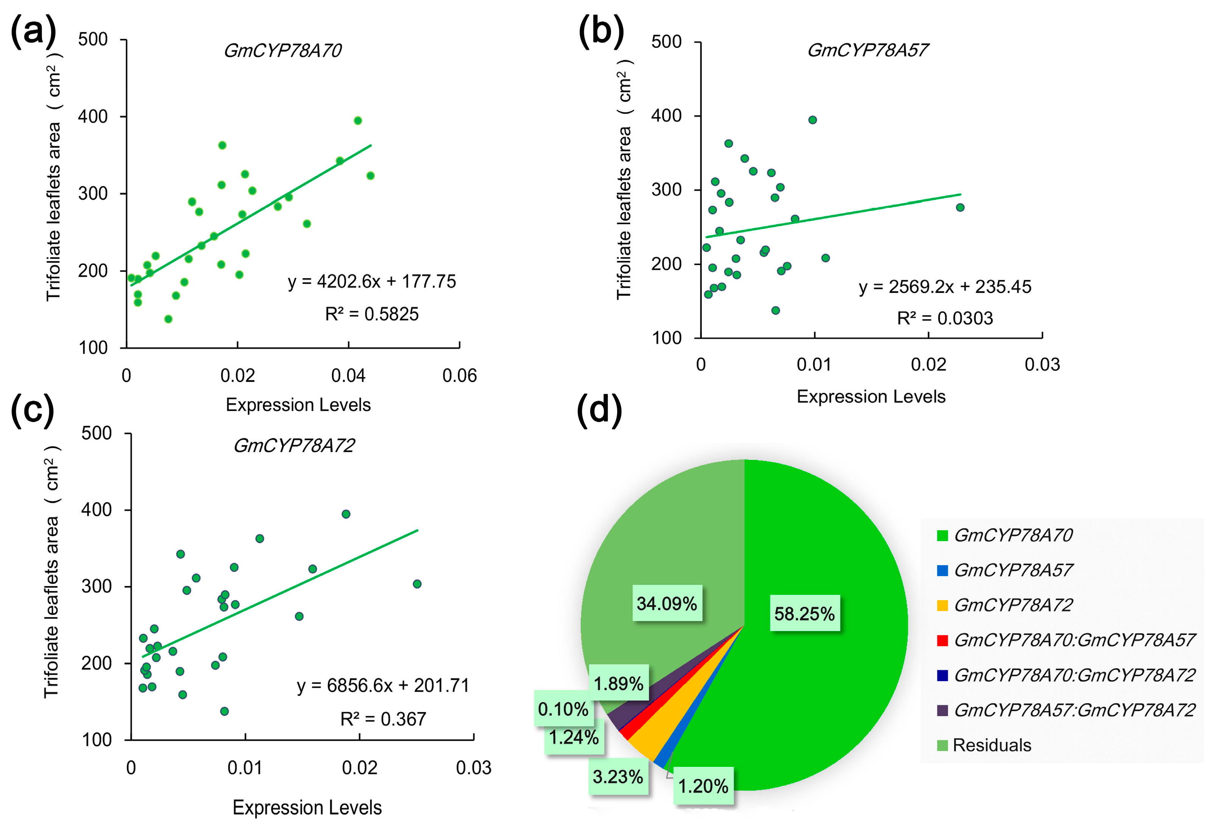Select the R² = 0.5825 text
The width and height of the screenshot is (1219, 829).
(x=372, y=314)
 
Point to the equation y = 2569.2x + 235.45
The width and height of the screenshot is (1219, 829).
(x=945, y=287)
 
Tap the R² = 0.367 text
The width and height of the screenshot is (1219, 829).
(x=383, y=719)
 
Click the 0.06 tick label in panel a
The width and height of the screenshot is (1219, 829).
(x=459, y=376)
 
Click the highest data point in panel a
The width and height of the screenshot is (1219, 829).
(x=358, y=121)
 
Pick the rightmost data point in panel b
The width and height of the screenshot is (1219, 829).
(x=960, y=208)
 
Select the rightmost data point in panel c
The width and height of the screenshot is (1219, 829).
(x=417, y=584)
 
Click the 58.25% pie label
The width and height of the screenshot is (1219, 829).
(x=804, y=613)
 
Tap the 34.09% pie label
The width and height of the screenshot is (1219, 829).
(x=667, y=603)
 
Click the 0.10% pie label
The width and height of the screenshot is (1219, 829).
(x=563, y=709)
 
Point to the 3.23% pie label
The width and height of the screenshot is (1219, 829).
(x=617, y=776)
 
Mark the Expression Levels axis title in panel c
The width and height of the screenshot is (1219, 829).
(x=307, y=807)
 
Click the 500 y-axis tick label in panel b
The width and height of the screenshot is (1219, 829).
(x=666, y=42)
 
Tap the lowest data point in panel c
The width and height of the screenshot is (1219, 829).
(x=224, y=712)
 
